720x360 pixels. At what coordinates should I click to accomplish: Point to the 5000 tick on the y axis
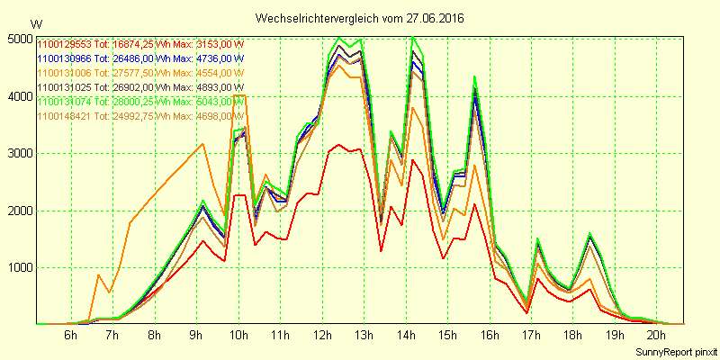18,40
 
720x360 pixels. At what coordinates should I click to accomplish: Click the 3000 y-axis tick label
18,154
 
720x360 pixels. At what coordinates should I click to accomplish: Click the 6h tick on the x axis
71,336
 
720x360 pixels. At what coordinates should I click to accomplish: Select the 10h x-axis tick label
238,336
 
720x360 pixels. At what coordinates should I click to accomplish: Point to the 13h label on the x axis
364,336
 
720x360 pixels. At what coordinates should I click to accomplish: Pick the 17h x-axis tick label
531,336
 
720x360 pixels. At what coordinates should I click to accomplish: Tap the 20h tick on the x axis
656,336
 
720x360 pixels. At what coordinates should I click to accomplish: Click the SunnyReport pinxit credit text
675,349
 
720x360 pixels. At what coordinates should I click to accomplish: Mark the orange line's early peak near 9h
203,144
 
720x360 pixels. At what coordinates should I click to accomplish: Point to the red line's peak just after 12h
338,144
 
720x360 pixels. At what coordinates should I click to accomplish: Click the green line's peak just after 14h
413,38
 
